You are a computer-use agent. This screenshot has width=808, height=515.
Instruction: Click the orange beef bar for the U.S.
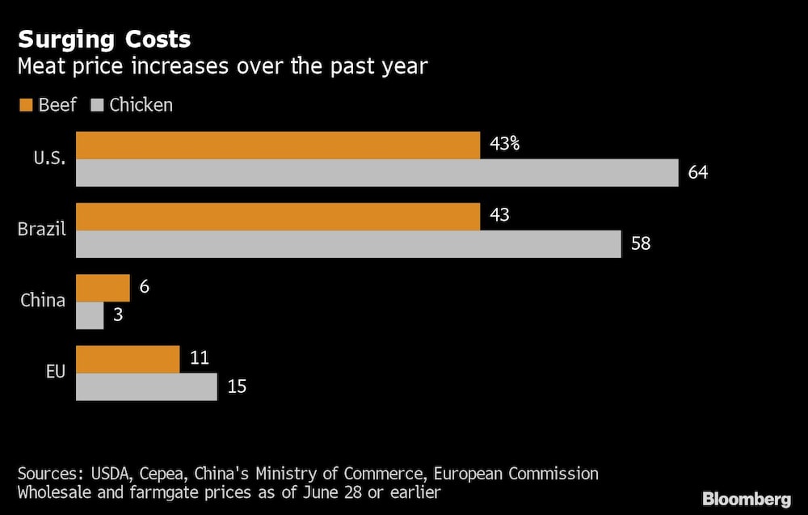point(278,146)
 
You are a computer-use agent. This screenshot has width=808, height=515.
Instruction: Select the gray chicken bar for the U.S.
point(377,173)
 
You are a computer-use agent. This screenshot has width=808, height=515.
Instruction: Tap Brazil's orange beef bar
point(278,217)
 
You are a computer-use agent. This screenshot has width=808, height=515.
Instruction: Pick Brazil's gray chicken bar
point(348,244)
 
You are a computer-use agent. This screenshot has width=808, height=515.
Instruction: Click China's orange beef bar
point(103,288)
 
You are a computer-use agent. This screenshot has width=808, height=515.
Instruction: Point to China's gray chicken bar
point(90,315)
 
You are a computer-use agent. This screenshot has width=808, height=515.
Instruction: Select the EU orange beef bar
point(128,359)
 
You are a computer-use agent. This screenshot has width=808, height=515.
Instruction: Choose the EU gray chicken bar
point(146,386)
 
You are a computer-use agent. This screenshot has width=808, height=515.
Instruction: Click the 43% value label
point(505,146)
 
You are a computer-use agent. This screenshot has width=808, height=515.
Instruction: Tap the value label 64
point(698,172)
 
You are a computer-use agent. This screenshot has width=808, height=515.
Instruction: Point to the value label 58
point(641,243)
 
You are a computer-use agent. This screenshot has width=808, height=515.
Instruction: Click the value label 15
point(237,386)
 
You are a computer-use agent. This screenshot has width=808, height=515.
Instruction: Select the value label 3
point(118,315)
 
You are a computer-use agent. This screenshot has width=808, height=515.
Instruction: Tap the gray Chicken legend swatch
point(99,105)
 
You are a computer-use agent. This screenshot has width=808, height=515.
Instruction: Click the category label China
point(43,301)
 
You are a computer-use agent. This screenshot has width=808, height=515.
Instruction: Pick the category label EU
point(54,372)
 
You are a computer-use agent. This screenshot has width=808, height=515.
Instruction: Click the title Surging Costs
point(104,40)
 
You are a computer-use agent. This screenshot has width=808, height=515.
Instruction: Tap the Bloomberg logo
point(747,498)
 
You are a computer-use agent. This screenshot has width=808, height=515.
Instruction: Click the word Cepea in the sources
point(164,473)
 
